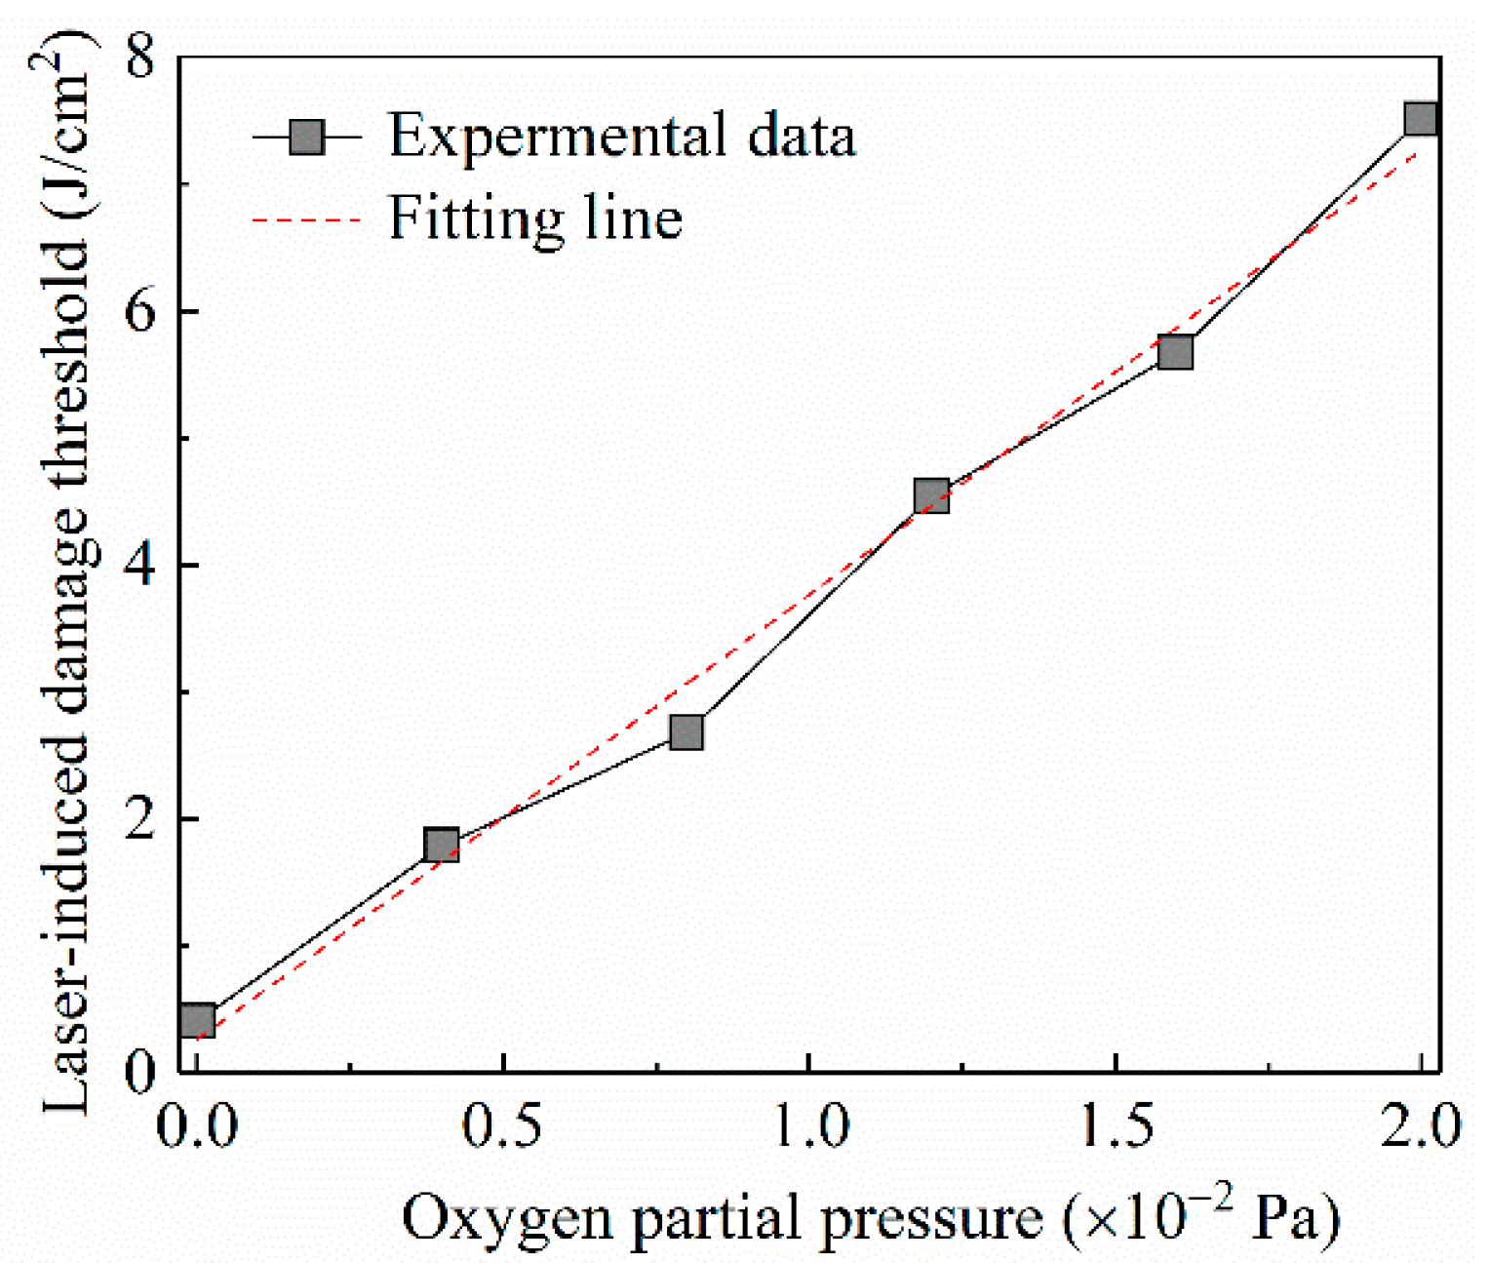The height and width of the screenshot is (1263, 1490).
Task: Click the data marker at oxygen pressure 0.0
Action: [198, 1021]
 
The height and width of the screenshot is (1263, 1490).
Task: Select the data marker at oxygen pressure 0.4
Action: [442, 845]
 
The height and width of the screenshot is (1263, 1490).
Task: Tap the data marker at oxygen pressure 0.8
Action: [686, 731]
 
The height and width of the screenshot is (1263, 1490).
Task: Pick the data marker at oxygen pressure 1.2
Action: [931, 496]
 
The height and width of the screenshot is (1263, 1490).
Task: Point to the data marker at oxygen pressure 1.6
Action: [1175, 352]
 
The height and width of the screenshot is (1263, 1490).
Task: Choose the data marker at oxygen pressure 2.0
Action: [1420, 119]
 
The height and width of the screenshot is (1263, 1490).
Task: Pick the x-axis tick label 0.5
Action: [502, 1127]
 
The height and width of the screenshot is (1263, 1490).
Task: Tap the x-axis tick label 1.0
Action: [809, 1127]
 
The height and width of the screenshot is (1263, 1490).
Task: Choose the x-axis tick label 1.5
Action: [1116, 1127]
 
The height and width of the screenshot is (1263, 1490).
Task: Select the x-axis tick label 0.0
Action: [198, 1127]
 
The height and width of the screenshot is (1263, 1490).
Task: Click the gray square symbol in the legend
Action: [307, 137]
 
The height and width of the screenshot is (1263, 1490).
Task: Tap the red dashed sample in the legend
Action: [307, 220]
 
